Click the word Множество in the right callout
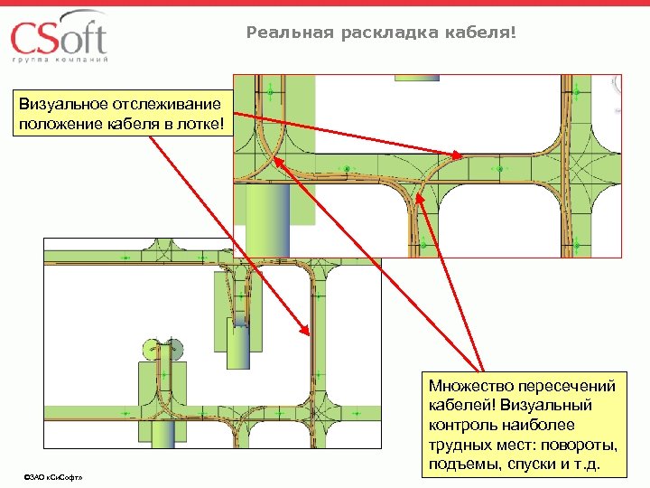[469, 386]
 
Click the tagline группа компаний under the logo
[60, 60]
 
